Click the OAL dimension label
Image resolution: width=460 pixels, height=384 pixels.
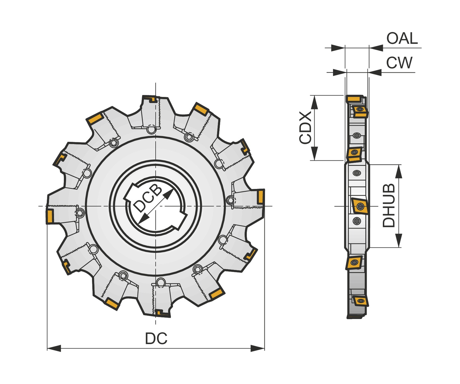[x=402, y=39]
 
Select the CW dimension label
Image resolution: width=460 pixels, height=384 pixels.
[x=399, y=63]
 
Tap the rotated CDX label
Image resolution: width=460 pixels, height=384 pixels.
[x=305, y=128]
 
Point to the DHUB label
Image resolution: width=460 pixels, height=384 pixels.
[x=389, y=206]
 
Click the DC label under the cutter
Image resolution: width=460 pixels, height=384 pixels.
[x=156, y=339]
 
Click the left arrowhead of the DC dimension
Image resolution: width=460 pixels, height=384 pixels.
[x=54, y=348]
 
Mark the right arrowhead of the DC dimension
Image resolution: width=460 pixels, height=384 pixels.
[x=258, y=348]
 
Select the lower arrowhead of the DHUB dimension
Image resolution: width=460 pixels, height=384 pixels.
[x=398, y=240]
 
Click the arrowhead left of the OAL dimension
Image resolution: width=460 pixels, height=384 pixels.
[x=338, y=48]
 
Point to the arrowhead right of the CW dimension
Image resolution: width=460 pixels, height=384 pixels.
[x=375, y=73]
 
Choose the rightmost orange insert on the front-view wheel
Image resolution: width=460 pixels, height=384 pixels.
[x=260, y=196]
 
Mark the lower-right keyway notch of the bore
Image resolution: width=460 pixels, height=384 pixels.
[x=181, y=220]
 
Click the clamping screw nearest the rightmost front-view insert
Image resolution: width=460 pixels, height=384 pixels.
[x=230, y=201]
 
